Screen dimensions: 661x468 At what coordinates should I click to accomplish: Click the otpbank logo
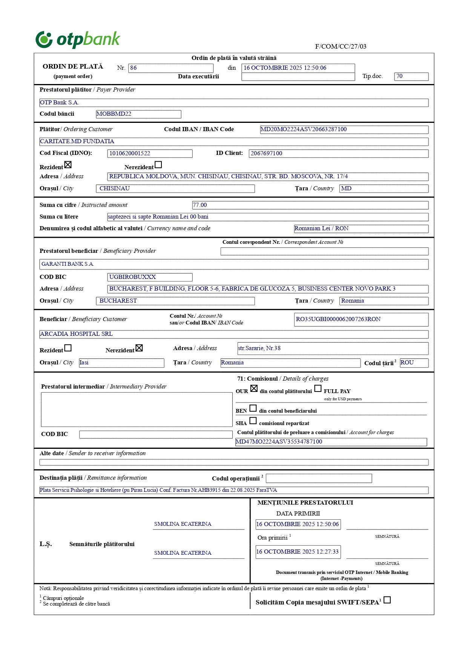tap(78, 40)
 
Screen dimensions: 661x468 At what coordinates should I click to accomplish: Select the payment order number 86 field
tap(170, 68)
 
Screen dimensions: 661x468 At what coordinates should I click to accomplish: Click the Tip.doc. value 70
tap(411, 77)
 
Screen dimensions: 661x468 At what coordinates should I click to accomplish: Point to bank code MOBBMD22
tap(138, 114)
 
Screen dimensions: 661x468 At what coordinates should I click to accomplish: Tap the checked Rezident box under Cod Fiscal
tap(68, 165)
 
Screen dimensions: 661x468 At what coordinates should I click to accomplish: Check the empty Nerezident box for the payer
tap(158, 165)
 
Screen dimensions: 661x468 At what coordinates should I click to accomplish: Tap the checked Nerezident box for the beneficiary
tap(139, 348)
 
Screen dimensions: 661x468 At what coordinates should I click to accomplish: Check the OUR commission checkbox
tap(254, 389)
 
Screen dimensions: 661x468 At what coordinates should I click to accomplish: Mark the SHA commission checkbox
tap(253, 421)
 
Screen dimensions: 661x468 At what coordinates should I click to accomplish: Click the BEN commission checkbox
tap(253, 408)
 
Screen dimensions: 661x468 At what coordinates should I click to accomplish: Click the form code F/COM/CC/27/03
tap(341, 47)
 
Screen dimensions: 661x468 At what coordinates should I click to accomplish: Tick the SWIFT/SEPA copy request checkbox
tap(387, 600)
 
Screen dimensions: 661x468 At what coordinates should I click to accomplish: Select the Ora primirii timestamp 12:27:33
tap(298, 552)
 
